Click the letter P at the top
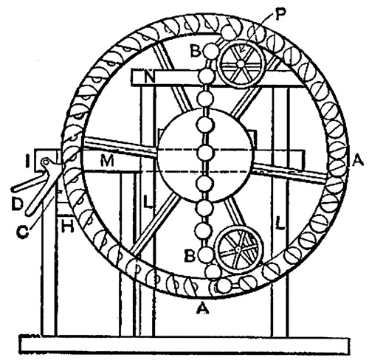pyautogui.click(x=280, y=16)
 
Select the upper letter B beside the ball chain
pyautogui.click(x=196, y=51)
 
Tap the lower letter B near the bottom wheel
pyautogui.click(x=190, y=256)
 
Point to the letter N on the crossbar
pyautogui.click(x=150, y=77)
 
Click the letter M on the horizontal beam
pyautogui.click(x=107, y=162)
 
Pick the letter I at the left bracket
pyautogui.click(x=28, y=162)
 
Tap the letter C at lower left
pyautogui.click(x=23, y=232)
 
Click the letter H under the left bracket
pyautogui.click(x=67, y=226)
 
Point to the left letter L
pyautogui.click(x=148, y=202)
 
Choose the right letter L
pyautogui.click(x=280, y=223)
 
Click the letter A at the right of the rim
pyautogui.click(x=358, y=162)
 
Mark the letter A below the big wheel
pyautogui.click(x=203, y=308)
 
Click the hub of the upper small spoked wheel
pyautogui.click(x=241, y=64)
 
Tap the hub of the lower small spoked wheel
pyautogui.click(x=238, y=249)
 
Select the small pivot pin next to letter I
pyautogui.click(x=46, y=162)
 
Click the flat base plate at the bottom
pyautogui.click(x=184, y=345)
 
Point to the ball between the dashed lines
pyautogui.click(x=204, y=153)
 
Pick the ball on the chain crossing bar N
pyautogui.click(x=207, y=77)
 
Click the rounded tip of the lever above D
pyautogui.click(x=14, y=189)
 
